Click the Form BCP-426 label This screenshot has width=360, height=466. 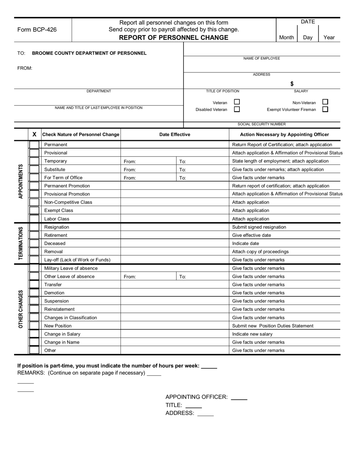37,30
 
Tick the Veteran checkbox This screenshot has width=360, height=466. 237,102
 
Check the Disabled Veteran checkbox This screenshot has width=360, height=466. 237,109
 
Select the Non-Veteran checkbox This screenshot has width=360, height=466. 325,102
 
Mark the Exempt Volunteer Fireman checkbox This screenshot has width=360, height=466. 325,109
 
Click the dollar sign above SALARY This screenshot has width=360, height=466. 292,84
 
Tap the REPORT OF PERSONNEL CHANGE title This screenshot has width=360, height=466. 174,38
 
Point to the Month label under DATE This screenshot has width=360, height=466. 286,38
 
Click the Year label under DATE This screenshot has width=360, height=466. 329,38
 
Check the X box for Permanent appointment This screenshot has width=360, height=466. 34,145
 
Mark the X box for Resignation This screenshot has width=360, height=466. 34,227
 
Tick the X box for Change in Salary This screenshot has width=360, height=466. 34,334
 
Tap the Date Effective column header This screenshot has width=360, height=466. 175,134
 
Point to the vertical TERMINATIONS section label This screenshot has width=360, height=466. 21,244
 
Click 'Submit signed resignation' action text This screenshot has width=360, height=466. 259,227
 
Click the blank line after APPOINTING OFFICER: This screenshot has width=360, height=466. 239,398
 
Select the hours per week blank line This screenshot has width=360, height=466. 209,366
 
